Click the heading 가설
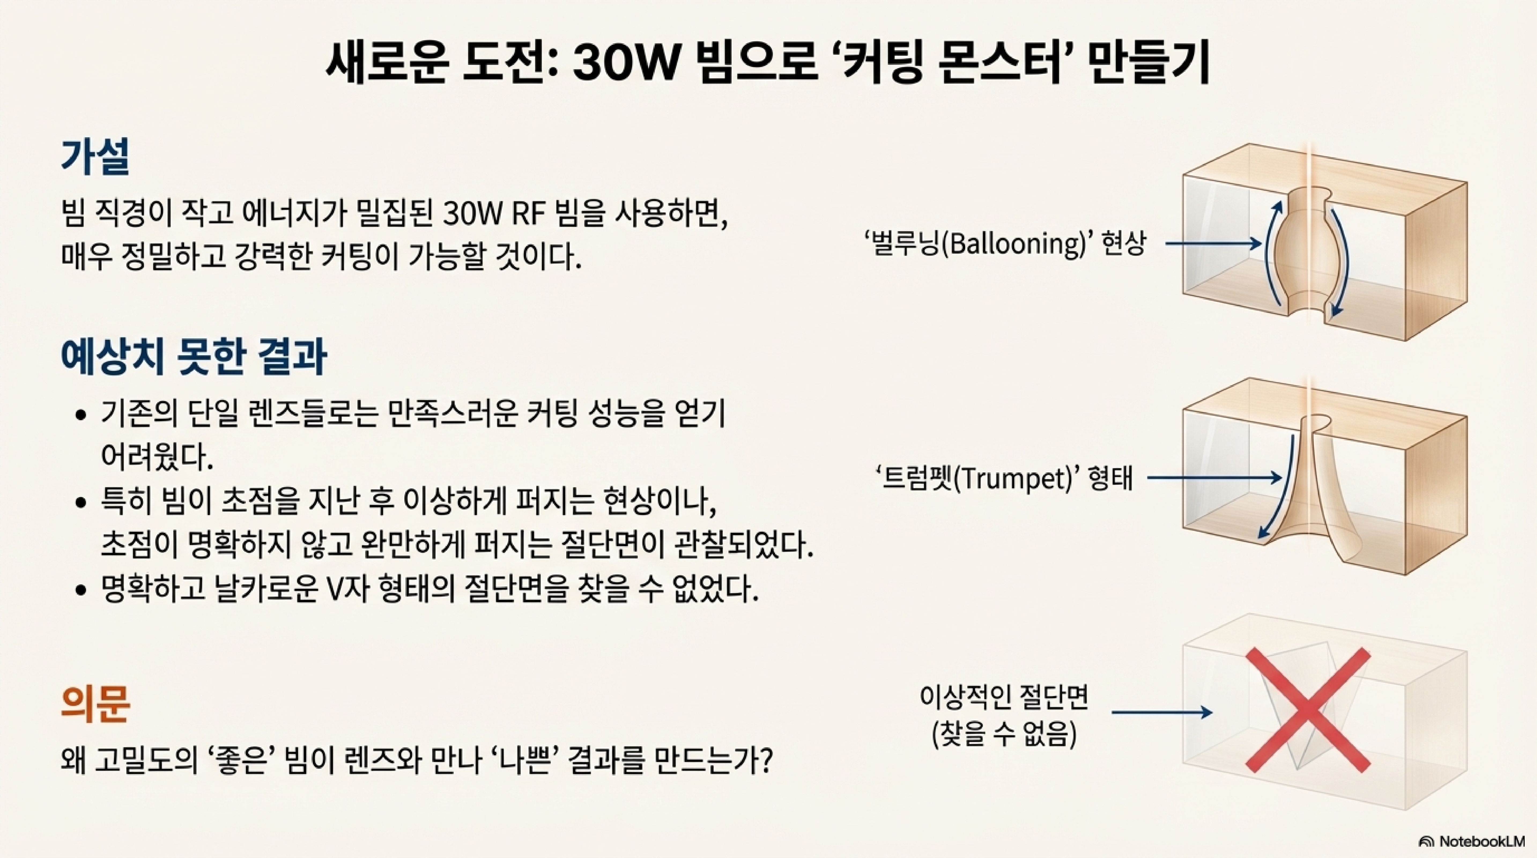[95, 156]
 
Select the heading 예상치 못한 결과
[194, 357]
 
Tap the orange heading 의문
[95, 704]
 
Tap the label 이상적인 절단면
[1005, 697]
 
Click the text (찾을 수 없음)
[1005, 734]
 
